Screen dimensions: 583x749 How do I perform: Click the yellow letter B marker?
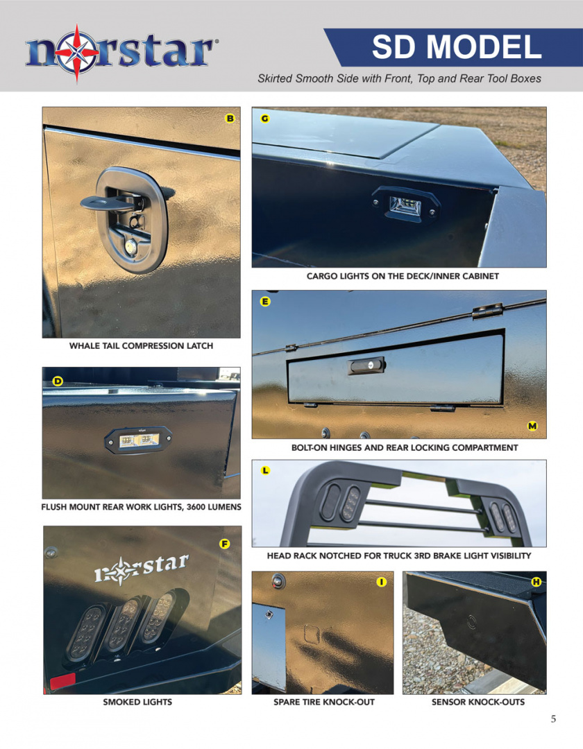click(x=230, y=119)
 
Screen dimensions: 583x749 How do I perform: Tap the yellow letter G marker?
click(x=264, y=119)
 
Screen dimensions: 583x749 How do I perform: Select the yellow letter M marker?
click(x=532, y=426)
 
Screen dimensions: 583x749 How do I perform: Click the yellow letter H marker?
click(x=536, y=582)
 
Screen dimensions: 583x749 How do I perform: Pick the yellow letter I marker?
click(x=381, y=582)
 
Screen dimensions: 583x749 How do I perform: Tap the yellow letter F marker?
click(x=224, y=544)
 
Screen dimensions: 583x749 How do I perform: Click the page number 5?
click(x=553, y=719)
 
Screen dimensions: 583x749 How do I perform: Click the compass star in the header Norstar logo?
click(x=76, y=53)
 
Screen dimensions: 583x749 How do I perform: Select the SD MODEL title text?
click(x=457, y=47)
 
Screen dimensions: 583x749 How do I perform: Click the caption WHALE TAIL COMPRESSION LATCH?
click(x=141, y=346)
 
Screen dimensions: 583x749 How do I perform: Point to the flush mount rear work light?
click(x=139, y=440)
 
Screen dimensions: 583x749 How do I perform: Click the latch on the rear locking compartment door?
click(x=367, y=365)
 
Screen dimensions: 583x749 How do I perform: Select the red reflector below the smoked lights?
click(x=63, y=681)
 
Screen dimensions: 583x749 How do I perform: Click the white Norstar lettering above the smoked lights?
click(x=142, y=569)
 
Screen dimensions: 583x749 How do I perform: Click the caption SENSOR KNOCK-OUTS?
click(x=478, y=702)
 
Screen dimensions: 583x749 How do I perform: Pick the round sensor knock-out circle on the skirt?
click(x=472, y=622)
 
